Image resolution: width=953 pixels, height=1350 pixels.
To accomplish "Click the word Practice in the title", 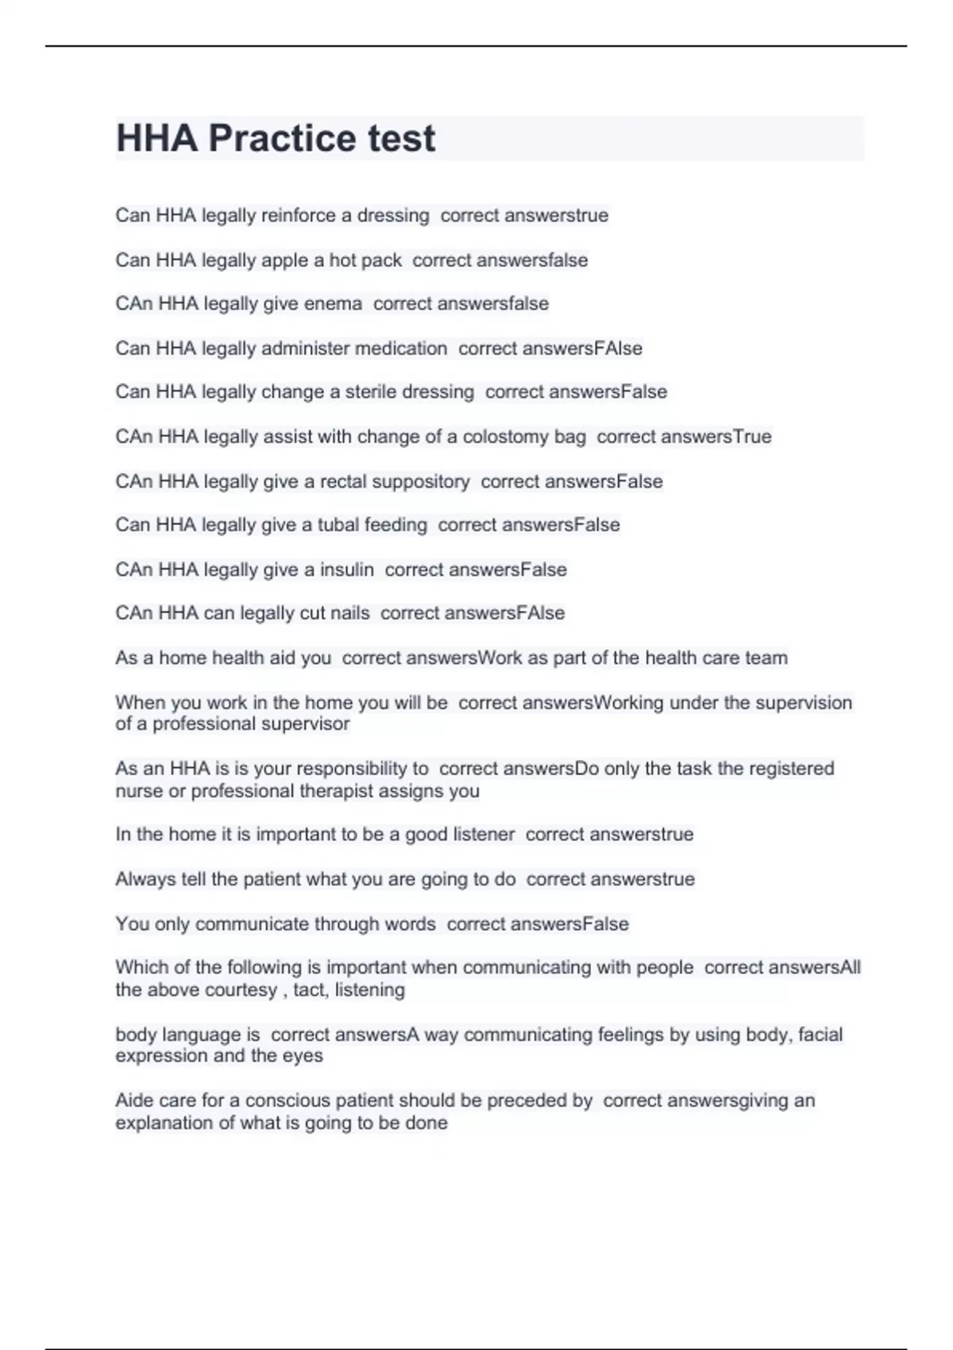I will coord(282,139).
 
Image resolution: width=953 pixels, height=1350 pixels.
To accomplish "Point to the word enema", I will coord(333,303).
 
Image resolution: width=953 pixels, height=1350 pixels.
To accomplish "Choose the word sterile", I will coord(371,391).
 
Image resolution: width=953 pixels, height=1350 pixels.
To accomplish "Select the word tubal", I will coord(338,525).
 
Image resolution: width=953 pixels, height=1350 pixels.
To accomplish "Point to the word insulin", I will coord(346,569).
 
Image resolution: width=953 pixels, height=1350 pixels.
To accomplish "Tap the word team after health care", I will coord(766,658).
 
